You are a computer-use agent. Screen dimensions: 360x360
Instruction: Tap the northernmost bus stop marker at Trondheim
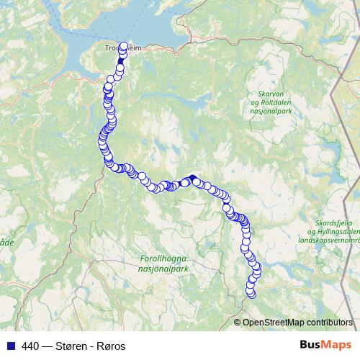click(123, 47)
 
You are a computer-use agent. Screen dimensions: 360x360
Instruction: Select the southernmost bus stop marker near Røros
click(251, 293)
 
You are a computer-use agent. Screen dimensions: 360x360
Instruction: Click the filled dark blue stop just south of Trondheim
click(121, 68)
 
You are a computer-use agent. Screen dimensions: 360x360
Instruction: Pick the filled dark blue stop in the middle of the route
click(192, 178)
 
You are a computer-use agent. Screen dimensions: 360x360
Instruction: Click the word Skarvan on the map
click(274, 94)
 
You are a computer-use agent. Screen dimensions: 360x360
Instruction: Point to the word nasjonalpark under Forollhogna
click(161, 266)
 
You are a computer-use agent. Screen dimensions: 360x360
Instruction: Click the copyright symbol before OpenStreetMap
click(238, 322)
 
